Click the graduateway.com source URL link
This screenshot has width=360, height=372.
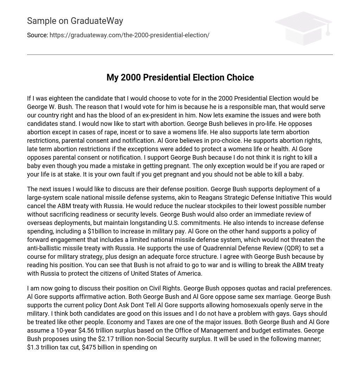129,35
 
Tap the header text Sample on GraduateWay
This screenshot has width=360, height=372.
75,21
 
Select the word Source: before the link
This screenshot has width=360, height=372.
37,35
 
